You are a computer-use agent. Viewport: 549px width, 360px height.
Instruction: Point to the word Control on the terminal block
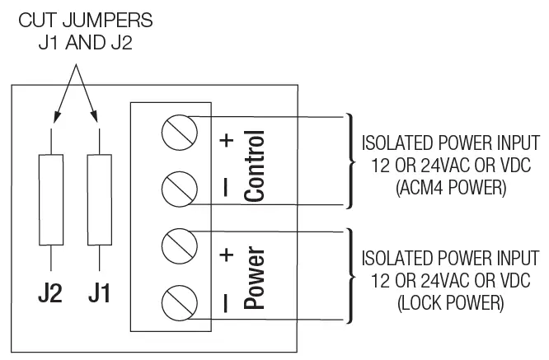point(256,166)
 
